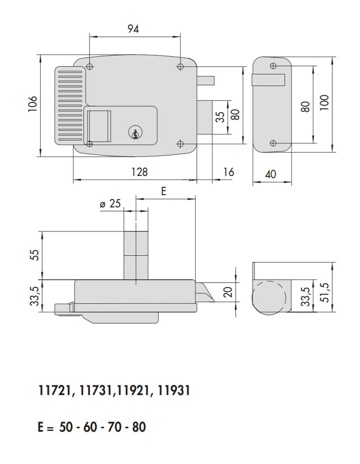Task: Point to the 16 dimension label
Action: (x=229, y=172)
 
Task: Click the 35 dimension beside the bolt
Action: (x=220, y=117)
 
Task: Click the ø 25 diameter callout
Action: (x=110, y=204)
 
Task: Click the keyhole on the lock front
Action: (x=135, y=133)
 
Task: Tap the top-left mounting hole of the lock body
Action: (x=90, y=67)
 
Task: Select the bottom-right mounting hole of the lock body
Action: (x=180, y=144)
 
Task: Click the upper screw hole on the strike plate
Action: (x=272, y=66)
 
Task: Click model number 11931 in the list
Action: (x=174, y=390)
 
